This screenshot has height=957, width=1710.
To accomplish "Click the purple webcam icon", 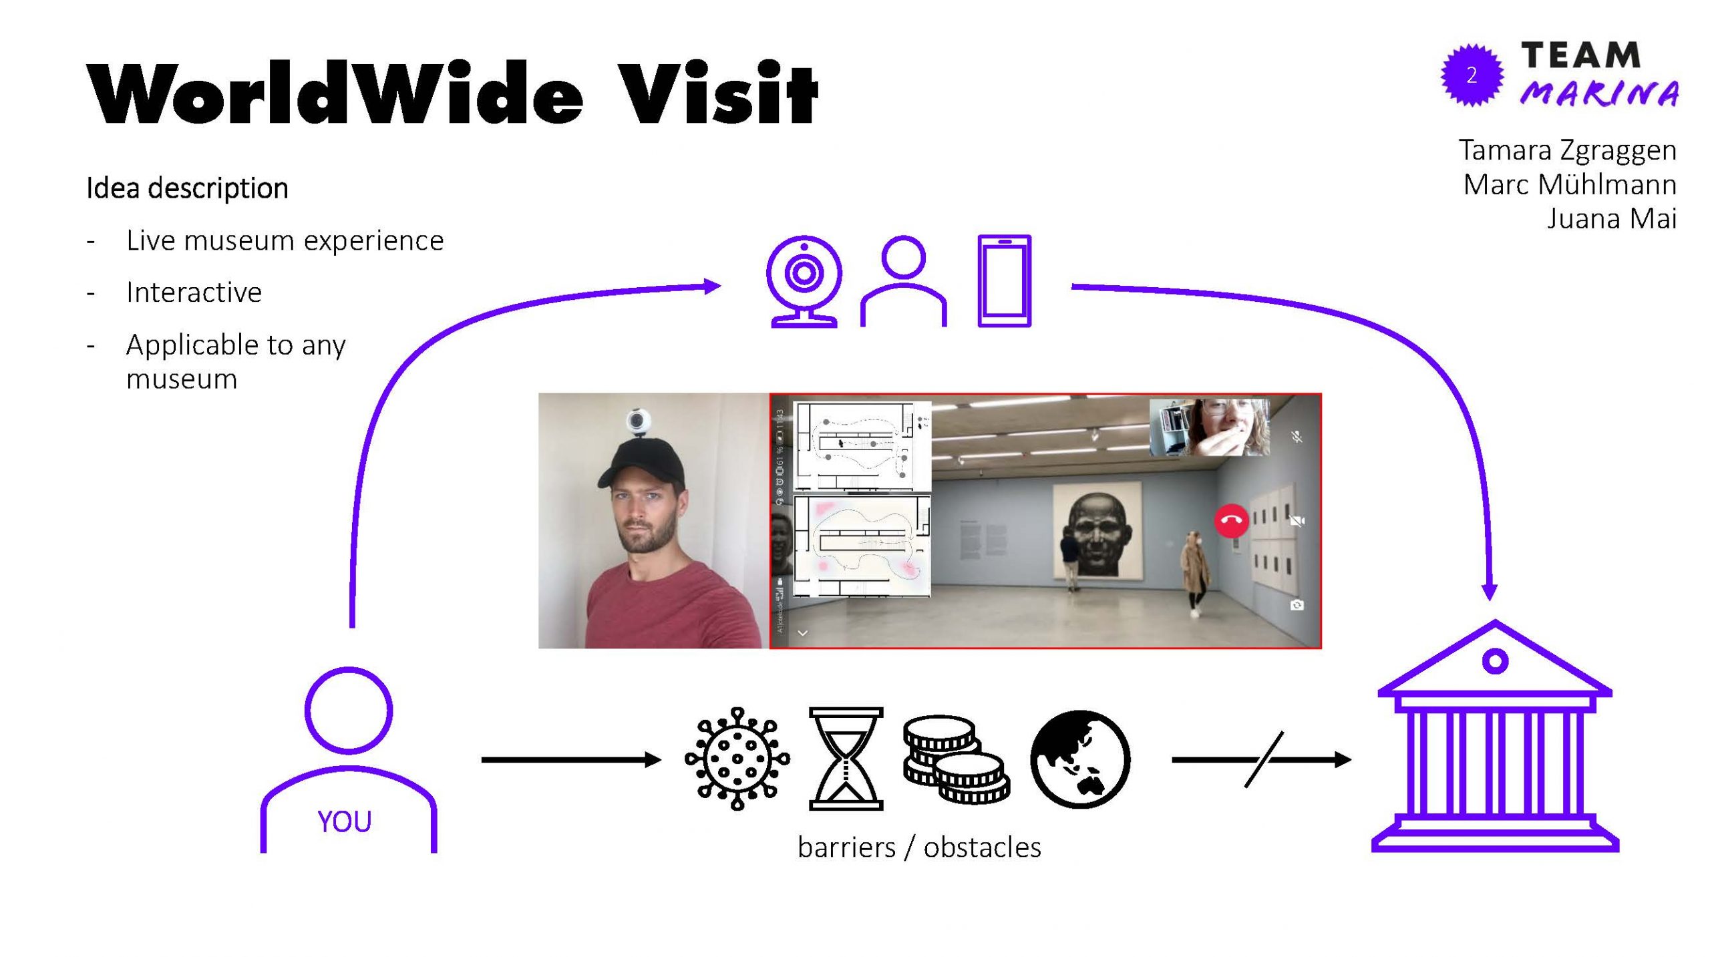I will click(x=804, y=280).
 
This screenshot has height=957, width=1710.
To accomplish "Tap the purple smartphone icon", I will click(x=1004, y=280).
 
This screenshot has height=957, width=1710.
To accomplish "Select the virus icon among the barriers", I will click(x=737, y=759).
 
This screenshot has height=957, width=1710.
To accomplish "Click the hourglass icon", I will click(x=846, y=759).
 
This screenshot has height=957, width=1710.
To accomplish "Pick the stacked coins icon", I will click(x=956, y=759).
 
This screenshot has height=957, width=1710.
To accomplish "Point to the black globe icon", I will click(x=1080, y=759).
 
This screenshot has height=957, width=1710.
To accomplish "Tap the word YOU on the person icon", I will click(x=344, y=821).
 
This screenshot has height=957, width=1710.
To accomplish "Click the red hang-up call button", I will click(x=1231, y=521).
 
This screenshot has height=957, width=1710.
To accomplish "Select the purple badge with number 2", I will click(x=1472, y=75).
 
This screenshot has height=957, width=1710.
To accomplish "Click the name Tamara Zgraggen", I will click(x=1567, y=150).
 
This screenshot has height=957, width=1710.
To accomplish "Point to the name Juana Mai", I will click(x=1611, y=218).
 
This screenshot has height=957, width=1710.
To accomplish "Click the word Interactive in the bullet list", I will click(x=194, y=293).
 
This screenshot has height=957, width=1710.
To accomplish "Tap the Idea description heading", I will click(x=187, y=188).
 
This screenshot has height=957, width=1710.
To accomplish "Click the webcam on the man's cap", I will click(x=638, y=423).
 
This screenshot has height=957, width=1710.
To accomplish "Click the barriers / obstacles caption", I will click(x=919, y=847).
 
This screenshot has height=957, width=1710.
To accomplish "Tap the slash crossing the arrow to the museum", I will click(x=1264, y=759).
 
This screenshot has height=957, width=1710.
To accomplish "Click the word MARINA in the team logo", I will click(x=1599, y=93).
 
